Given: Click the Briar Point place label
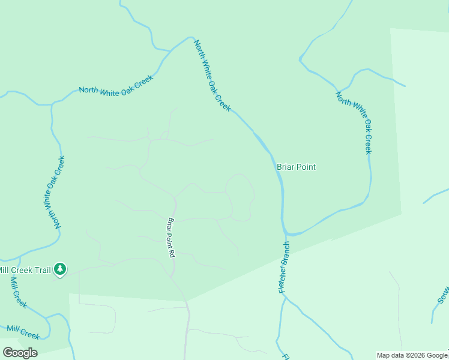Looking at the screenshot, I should [x=296, y=167].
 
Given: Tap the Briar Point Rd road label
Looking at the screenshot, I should [x=171, y=238].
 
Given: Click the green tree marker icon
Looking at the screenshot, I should [x=60, y=270].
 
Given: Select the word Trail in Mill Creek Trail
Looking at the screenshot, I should [x=42, y=271].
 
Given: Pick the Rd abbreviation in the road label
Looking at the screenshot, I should [x=172, y=253].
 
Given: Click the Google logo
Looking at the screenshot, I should [x=20, y=352].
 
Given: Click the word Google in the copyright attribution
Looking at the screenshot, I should [x=438, y=356].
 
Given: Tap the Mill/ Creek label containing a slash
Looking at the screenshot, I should [x=23, y=332].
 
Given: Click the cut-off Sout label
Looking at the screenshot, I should [x=443, y=294].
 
